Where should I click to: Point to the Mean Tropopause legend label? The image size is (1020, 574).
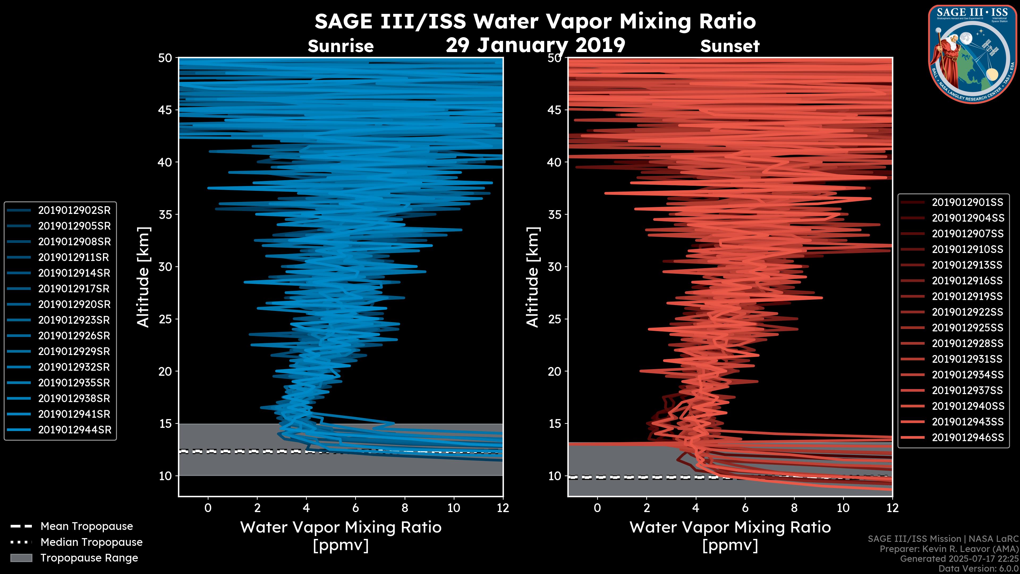(86, 526)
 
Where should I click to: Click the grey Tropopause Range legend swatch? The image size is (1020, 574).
(21, 558)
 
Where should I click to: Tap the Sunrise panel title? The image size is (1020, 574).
(341, 46)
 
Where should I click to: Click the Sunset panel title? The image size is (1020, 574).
(730, 46)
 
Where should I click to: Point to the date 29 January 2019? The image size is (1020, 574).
(535, 45)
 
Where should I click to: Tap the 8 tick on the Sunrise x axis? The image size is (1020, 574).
(404, 508)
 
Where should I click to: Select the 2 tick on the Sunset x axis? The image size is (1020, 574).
(647, 508)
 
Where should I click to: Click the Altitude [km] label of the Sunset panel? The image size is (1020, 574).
(533, 277)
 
